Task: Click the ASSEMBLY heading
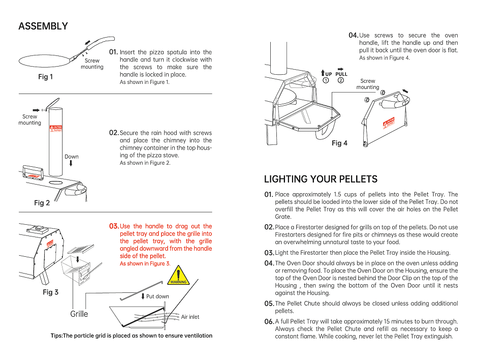click(x=43, y=26)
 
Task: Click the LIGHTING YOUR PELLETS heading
click(x=321, y=179)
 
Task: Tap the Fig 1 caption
click(x=45, y=77)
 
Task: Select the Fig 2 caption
click(x=42, y=203)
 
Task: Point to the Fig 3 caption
click(x=50, y=292)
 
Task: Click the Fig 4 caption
click(x=339, y=143)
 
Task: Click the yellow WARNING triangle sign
click(x=178, y=275)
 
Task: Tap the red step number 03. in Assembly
click(x=114, y=226)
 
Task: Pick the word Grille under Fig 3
click(x=79, y=314)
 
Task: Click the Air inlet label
click(x=190, y=317)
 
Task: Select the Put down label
click(x=157, y=296)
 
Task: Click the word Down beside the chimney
click(x=72, y=157)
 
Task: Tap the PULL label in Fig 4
click(x=341, y=74)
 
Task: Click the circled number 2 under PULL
click(x=340, y=80)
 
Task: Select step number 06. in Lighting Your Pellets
click(x=269, y=322)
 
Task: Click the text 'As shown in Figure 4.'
click(x=385, y=58)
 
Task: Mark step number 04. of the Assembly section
click(x=353, y=35)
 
